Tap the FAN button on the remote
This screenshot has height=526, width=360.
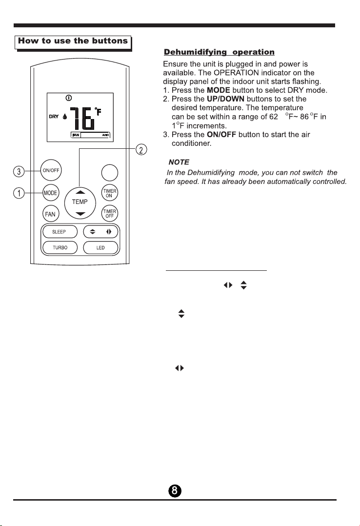click(x=50, y=214)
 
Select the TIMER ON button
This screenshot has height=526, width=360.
click(x=109, y=193)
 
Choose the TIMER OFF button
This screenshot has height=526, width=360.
click(x=109, y=213)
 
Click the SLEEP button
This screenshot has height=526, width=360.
click(x=59, y=231)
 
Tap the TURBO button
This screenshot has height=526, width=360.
click(x=60, y=248)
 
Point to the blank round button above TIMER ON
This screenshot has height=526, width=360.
click(x=109, y=172)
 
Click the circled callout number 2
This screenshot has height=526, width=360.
click(x=140, y=149)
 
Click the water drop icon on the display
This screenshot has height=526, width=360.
click(x=65, y=117)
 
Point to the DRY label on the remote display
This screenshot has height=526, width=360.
click(x=54, y=117)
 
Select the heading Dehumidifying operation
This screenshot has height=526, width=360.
click(x=219, y=51)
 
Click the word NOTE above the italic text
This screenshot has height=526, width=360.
click(x=179, y=161)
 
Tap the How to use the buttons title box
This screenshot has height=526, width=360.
click(x=73, y=41)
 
